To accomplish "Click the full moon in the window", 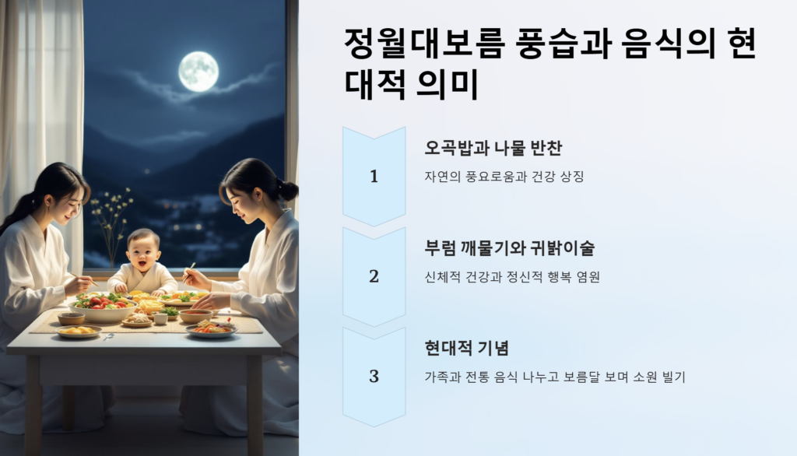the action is tap(198, 71).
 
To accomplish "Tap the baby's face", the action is tap(143, 251).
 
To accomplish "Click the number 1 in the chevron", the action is tap(374, 177).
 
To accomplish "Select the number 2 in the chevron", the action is tap(374, 276).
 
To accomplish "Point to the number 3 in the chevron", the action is tap(374, 376).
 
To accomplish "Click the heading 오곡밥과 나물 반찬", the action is tap(493, 148).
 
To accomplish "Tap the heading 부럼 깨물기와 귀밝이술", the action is tap(509, 248).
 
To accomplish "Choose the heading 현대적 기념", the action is tap(467, 349).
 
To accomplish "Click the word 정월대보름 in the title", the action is tap(425, 44).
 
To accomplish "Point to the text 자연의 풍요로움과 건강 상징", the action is tap(504, 177).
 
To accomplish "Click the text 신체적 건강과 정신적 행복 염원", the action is tap(512, 276).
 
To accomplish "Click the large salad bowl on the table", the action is tap(103, 307).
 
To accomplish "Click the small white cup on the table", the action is tap(160, 319).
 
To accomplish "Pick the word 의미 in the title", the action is tap(448, 84).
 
